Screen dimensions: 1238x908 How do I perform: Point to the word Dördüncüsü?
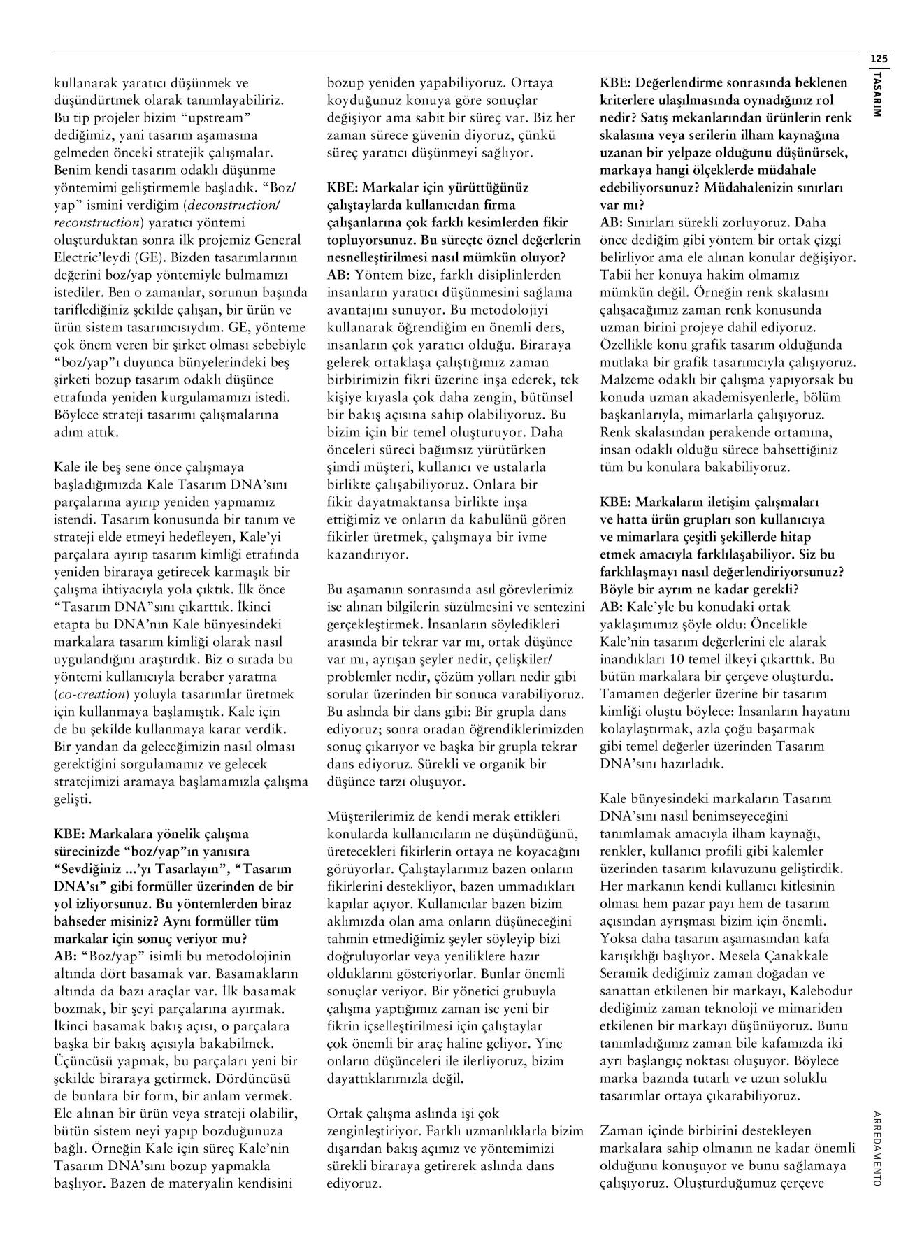point(257,1079)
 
